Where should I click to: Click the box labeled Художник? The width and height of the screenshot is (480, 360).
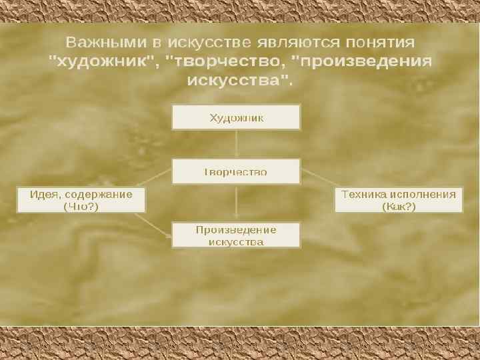[x=236, y=117]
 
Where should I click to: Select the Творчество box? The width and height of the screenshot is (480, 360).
[x=236, y=171]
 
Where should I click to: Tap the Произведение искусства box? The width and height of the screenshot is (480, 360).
[x=236, y=235]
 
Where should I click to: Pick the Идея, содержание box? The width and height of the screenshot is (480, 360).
[x=81, y=200]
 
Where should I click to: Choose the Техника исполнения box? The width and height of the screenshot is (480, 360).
[x=399, y=200]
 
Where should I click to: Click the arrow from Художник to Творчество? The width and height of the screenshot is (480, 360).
[x=236, y=143]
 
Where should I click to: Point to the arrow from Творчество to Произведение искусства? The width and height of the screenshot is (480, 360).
[x=236, y=202]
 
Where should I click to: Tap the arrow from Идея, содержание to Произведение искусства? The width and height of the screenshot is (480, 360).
[x=157, y=224]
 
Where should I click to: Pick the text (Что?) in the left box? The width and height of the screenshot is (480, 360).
[x=81, y=207]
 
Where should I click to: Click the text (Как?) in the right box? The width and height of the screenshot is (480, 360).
[x=399, y=207]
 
